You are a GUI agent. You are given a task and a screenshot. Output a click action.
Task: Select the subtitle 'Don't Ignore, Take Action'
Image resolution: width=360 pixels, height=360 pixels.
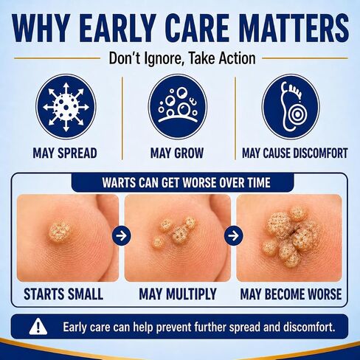pyautogui.click(x=182, y=58)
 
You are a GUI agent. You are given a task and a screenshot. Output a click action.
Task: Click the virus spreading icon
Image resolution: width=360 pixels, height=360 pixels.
pyautogui.click(x=66, y=107)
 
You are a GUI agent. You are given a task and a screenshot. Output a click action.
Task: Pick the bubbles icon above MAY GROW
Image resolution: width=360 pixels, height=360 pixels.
pyautogui.click(x=178, y=107)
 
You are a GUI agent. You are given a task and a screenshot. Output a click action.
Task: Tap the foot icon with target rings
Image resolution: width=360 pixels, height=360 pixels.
pyautogui.click(x=291, y=107)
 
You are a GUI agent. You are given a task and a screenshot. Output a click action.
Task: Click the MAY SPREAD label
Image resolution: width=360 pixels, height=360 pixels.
pyautogui.click(x=65, y=153)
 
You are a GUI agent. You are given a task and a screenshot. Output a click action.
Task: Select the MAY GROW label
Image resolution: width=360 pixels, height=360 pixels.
pyautogui.click(x=177, y=153)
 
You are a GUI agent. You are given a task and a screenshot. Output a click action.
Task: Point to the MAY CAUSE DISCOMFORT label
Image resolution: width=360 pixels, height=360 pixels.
pyautogui.click(x=295, y=153)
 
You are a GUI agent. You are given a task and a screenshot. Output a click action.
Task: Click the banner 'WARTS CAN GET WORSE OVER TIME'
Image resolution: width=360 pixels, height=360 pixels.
pyautogui.click(x=186, y=182)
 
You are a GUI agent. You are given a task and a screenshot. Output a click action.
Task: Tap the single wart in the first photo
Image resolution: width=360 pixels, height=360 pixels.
pyautogui.click(x=59, y=232)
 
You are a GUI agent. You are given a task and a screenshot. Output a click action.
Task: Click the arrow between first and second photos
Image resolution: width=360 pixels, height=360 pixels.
pyautogui.click(x=122, y=235)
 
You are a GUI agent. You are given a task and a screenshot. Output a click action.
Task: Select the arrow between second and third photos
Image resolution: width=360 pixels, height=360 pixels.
pyautogui.click(x=234, y=235)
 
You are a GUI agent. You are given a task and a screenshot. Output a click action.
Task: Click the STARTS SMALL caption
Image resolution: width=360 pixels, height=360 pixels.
pyautogui.click(x=63, y=294)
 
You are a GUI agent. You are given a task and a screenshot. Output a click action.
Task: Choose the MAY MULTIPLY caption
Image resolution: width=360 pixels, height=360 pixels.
pyautogui.click(x=178, y=294)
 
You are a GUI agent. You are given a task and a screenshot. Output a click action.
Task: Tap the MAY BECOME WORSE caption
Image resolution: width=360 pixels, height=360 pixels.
pyautogui.click(x=291, y=294)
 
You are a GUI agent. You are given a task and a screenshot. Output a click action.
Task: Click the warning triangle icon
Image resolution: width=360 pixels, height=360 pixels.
pyautogui.click(x=38, y=326)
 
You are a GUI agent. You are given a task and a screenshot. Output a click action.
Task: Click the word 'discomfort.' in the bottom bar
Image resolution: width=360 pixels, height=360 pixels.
pyautogui.click(x=309, y=327)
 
